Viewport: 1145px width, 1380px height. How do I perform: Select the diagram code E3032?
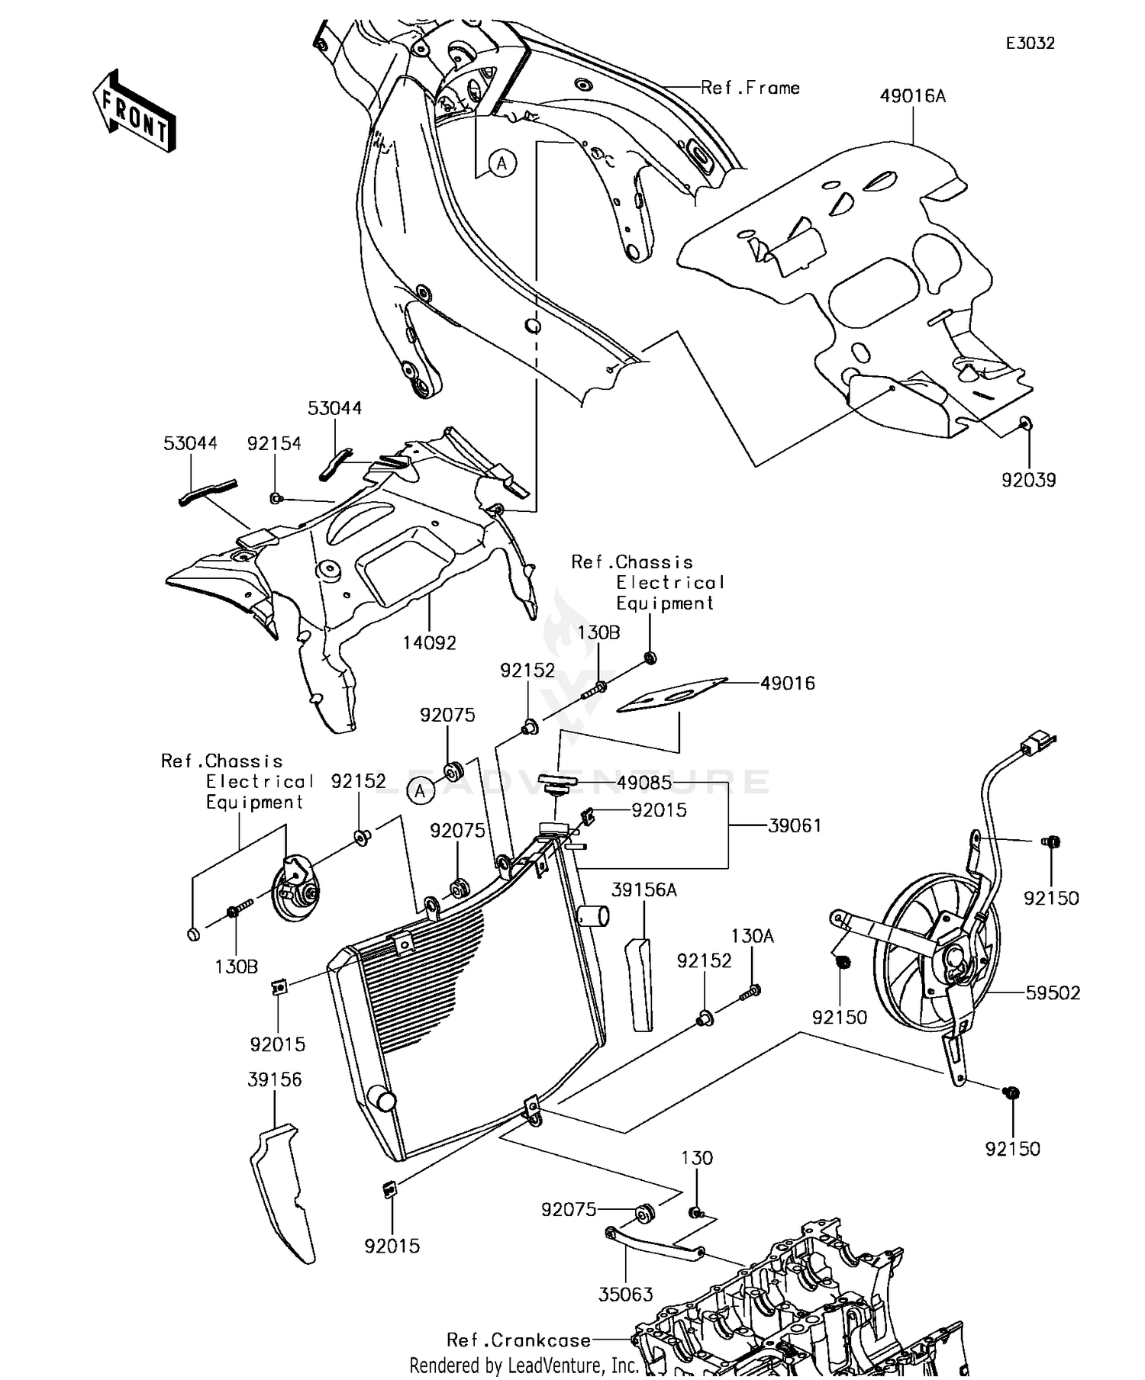(x=1030, y=43)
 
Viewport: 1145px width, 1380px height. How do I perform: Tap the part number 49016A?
(x=912, y=96)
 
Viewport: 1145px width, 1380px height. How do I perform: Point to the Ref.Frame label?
(x=750, y=88)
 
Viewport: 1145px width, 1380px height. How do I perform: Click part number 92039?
(x=1029, y=480)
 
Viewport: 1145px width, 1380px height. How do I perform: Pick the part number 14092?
(x=430, y=643)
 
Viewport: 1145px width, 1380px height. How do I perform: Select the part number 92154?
(x=274, y=443)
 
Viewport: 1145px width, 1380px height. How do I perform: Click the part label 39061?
(x=795, y=825)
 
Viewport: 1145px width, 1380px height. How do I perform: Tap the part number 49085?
(x=645, y=783)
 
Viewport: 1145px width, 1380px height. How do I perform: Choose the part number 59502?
(x=1053, y=992)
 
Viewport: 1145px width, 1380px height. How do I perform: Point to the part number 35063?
(x=626, y=1295)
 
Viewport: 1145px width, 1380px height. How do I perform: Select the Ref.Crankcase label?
(x=518, y=1340)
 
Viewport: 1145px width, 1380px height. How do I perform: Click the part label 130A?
(x=753, y=936)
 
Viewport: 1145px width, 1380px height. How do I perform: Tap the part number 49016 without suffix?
(x=788, y=683)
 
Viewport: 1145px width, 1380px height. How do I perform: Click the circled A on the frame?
(x=502, y=162)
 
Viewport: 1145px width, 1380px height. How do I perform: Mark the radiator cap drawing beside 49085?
(x=554, y=783)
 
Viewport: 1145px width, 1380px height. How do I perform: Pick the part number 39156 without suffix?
(x=275, y=1079)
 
